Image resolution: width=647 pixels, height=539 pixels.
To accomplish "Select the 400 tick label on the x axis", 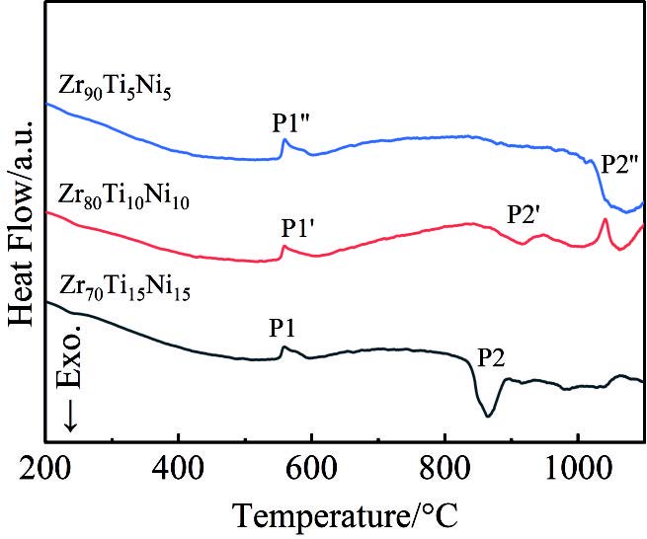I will (178, 464).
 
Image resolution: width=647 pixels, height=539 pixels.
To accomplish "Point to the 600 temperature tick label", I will (311, 464).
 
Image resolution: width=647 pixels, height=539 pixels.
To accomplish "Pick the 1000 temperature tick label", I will (578, 464).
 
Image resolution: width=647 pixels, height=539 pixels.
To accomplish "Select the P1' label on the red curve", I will (297, 229).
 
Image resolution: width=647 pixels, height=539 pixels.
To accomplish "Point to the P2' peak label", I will (525, 213).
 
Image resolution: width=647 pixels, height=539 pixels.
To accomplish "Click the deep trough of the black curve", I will (487, 416).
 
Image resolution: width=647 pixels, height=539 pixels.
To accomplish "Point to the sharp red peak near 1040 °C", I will (605, 220).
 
